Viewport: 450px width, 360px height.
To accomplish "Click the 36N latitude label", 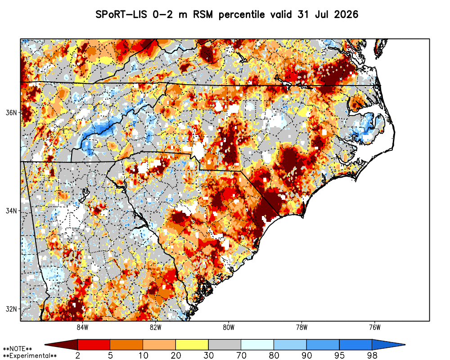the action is [11, 112].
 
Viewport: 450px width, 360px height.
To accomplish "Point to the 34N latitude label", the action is [11, 211].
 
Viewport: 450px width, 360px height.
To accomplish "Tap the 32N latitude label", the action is [11, 309].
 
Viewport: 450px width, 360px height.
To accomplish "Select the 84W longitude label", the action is [82, 327].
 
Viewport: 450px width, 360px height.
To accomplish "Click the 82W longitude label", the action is [156, 327].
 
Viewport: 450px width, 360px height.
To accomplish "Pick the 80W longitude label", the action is [229, 327].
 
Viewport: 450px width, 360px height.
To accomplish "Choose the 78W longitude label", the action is [301, 327].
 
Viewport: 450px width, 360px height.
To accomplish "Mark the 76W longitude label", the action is [375, 327].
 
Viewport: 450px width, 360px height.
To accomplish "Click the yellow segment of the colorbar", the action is [192, 345].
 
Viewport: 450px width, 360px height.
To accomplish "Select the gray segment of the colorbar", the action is [225, 345].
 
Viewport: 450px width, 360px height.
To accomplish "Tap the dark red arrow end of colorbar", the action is [61, 345].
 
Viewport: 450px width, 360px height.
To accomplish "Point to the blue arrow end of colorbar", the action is [389, 345].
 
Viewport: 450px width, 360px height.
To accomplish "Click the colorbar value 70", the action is [241, 355].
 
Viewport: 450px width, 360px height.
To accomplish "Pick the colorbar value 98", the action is [372, 355].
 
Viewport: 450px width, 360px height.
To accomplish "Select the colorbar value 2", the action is [78, 355].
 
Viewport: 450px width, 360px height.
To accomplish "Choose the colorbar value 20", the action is [175, 355].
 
